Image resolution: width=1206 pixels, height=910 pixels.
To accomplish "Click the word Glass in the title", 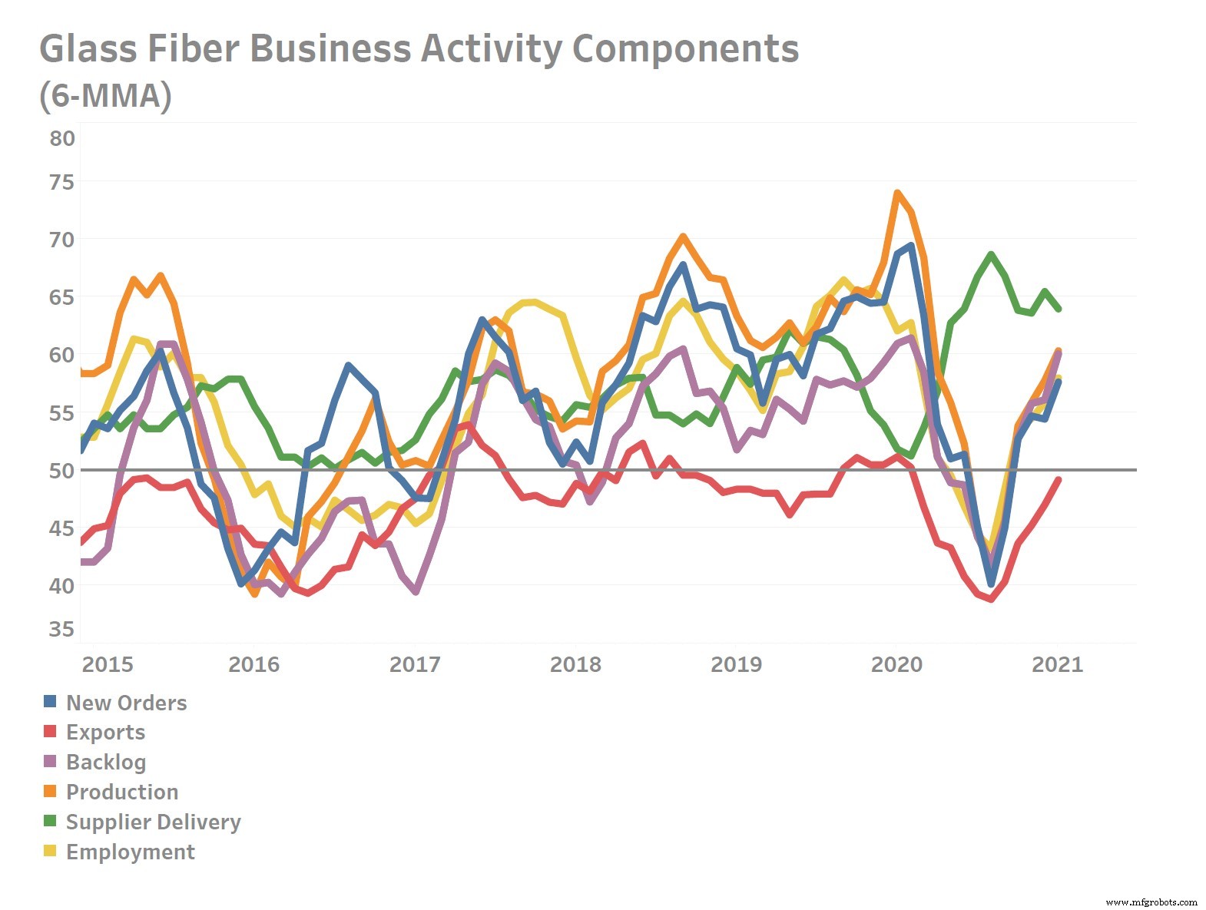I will [x=87, y=49].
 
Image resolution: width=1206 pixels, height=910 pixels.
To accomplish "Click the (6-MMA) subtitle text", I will [x=105, y=97].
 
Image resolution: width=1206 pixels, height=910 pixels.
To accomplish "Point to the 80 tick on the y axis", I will [x=62, y=139].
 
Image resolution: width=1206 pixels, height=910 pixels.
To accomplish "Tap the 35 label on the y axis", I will [x=62, y=630].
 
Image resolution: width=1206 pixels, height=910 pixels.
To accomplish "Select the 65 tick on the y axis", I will [x=62, y=297].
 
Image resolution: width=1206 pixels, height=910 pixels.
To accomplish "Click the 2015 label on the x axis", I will [x=108, y=664].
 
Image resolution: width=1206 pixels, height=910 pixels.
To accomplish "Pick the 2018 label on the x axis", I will [x=575, y=664].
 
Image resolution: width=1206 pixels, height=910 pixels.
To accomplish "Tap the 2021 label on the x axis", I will [x=1057, y=664].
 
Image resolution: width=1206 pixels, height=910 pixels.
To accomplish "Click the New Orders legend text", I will [x=126, y=703].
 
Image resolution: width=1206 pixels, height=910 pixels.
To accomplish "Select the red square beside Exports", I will [x=50, y=731].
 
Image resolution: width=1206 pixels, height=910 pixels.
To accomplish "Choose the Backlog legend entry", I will [x=106, y=762].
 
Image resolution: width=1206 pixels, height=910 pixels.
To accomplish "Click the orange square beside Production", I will [x=50, y=791].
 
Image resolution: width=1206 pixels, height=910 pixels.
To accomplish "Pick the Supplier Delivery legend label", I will [x=154, y=822].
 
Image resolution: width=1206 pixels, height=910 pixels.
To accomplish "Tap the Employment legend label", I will [x=131, y=852].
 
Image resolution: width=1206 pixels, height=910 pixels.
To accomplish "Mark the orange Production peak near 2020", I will [x=896, y=193].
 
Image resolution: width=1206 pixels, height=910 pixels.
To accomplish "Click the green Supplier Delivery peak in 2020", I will [x=991, y=254].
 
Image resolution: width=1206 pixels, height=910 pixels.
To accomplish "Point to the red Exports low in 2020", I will [x=991, y=599].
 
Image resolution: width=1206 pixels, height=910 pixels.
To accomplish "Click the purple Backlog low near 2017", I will [x=416, y=591].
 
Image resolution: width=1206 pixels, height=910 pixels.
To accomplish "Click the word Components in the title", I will [x=685, y=49].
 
